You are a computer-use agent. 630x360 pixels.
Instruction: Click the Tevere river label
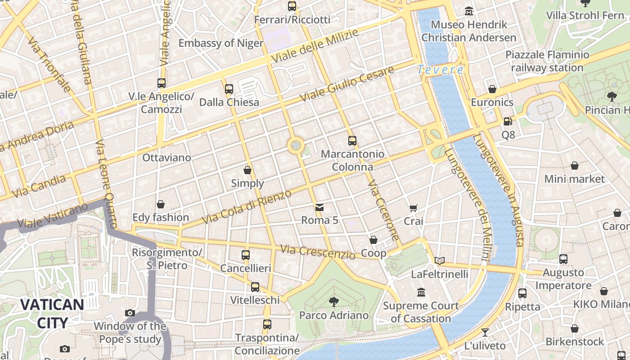(x=440, y=70)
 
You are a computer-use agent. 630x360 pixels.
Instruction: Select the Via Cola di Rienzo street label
(x=247, y=207)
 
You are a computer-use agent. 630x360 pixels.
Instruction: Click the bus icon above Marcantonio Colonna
(x=352, y=140)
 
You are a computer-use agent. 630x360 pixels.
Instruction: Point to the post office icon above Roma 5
(x=319, y=207)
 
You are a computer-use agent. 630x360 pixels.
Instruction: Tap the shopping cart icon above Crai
(x=414, y=208)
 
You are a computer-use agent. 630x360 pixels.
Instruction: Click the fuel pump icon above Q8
(x=508, y=121)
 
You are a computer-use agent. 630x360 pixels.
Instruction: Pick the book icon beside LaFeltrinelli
(x=440, y=261)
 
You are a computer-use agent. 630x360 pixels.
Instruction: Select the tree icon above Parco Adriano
(x=333, y=301)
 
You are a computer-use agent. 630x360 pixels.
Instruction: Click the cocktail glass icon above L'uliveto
(x=485, y=333)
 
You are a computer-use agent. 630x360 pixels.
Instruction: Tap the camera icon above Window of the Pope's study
(x=130, y=313)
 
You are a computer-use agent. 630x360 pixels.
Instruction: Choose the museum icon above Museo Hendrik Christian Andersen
(x=469, y=11)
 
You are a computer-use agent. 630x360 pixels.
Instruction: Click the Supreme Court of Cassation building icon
(x=421, y=292)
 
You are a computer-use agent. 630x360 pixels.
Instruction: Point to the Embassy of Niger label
(x=221, y=43)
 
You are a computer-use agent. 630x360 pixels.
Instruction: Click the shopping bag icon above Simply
(x=247, y=170)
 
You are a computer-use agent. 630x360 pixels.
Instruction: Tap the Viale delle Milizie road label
(x=315, y=46)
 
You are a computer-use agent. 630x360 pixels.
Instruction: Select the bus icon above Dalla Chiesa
(x=229, y=89)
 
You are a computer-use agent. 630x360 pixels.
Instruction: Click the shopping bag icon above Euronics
(x=492, y=89)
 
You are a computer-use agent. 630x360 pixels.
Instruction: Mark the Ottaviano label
(x=166, y=158)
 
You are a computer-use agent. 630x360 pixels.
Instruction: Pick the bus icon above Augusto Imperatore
(x=563, y=259)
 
